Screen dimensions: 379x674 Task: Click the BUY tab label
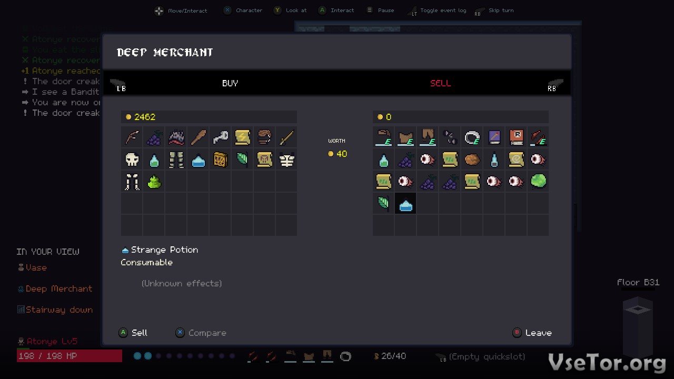tap(230, 83)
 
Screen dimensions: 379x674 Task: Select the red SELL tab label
tap(440, 83)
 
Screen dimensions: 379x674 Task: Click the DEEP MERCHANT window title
tap(165, 52)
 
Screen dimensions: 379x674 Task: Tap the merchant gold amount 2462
tap(144, 117)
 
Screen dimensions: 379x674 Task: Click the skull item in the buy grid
tap(132, 159)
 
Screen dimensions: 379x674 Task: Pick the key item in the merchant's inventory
tap(220, 137)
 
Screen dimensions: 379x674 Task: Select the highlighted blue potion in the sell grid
tap(405, 204)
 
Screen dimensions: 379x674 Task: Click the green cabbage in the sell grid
tap(538, 182)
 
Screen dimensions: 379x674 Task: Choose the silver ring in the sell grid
tap(472, 137)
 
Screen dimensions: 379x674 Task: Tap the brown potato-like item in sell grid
tap(472, 159)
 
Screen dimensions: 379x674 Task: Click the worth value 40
tap(341, 154)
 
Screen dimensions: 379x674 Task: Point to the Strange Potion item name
tap(164, 250)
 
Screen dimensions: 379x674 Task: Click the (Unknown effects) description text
tap(182, 283)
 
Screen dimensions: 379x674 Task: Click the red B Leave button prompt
tap(532, 333)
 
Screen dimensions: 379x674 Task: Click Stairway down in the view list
tap(59, 310)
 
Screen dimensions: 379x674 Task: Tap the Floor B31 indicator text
tap(638, 282)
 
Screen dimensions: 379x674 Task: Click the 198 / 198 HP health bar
tap(69, 356)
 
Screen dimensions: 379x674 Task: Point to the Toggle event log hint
tap(443, 11)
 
